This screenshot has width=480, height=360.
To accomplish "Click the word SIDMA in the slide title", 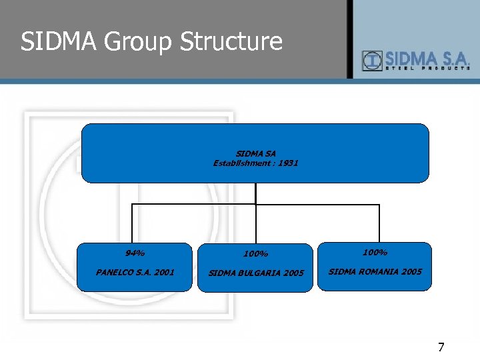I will pyautogui.click(x=58, y=41).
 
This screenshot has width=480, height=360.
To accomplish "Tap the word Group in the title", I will pyautogui.click(x=136, y=41).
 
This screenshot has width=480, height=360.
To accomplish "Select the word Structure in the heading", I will pyautogui.click(x=231, y=41).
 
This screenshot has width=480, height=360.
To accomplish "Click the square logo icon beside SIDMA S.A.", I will pyautogui.click(x=371, y=61).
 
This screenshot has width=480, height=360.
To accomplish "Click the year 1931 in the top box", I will pyautogui.click(x=287, y=163).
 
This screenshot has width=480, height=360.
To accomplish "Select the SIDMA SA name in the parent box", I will pyautogui.click(x=255, y=154).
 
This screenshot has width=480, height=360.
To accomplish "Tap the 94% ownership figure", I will pyautogui.click(x=135, y=253).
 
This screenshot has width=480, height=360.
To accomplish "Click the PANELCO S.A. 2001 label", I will pyautogui.click(x=135, y=272).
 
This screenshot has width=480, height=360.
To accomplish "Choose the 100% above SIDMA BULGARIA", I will pyautogui.click(x=255, y=254).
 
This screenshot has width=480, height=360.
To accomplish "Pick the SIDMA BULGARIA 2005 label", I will pyautogui.click(x=256, y=273).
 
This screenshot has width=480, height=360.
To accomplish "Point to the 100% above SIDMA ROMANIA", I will pyautogui.click(x=375, y=253).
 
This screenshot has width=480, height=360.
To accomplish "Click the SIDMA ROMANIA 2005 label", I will pyautogui.click(x=375, y=271).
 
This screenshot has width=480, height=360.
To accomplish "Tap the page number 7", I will pyautogui.click(x=441, y=347).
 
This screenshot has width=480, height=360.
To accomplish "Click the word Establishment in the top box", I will pyautogui.click(x=243, y=163).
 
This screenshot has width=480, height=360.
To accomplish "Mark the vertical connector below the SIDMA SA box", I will pyautogui.click(x=255, y=193).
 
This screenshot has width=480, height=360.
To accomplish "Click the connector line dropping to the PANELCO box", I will pyautogui.click(x=132, y=223).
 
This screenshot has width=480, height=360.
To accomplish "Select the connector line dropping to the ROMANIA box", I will pyautogui.click(x=379, y=223).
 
